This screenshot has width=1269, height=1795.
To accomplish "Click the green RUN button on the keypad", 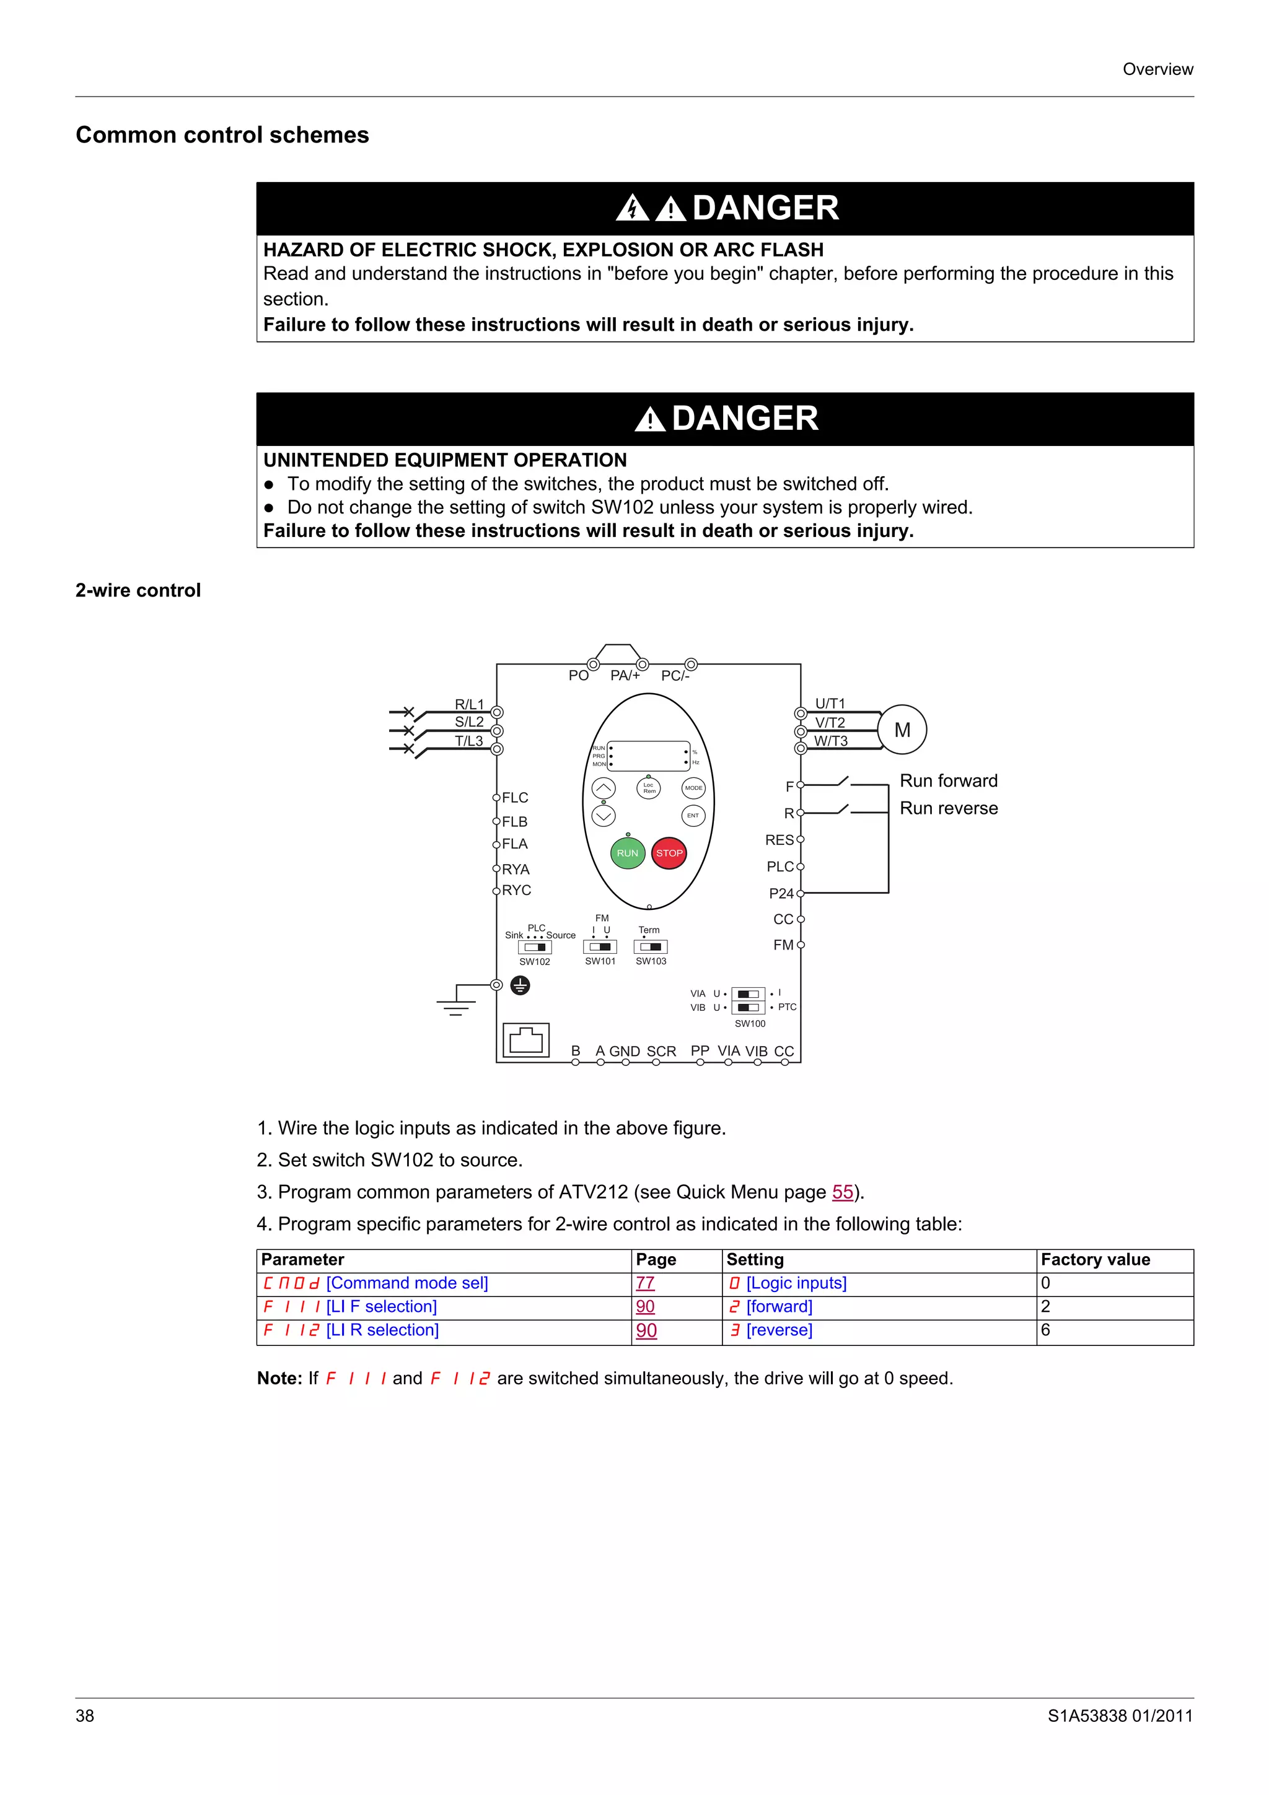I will tap(627, 853).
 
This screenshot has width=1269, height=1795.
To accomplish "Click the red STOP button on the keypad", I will tap(669, 853).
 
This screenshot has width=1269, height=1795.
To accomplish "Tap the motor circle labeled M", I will tap(902, 730).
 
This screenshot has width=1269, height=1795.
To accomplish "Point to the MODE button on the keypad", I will tap(693, 788).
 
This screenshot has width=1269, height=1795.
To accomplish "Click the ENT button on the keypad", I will tap(693, 815).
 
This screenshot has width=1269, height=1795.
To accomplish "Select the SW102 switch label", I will tap(535, 961).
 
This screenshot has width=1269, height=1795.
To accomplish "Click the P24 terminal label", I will tap(781, 894).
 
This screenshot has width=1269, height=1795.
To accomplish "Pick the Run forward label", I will tap(949, 781).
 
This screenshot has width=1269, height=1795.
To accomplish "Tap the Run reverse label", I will tap(949, 808).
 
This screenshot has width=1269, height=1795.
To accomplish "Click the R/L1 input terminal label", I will tap(469, 704).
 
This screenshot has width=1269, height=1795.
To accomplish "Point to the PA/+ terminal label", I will tap(625, 676).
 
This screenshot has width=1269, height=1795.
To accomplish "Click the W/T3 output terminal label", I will tap(830, 741).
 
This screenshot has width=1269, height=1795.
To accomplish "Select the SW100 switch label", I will tap(750, 1023).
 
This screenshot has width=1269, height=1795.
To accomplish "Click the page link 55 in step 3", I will tap(842, 1192).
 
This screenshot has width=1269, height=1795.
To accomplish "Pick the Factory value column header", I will tap(1095, 1259).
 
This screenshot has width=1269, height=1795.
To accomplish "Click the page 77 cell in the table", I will tap(645, 1283).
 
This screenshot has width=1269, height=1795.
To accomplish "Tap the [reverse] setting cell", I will tap(779, 1330).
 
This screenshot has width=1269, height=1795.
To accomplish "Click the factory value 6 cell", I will tap(1045, 1330).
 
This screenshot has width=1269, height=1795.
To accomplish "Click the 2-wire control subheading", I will tap(138, 590).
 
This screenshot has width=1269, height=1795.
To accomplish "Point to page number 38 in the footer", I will tap(84, 1716).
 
